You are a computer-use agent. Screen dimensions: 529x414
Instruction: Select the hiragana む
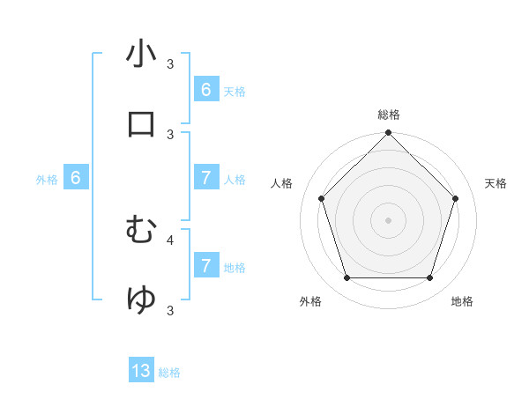(142, 230)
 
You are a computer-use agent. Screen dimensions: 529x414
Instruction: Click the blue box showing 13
(141, 371)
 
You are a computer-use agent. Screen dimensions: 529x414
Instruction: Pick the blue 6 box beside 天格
(206, 90)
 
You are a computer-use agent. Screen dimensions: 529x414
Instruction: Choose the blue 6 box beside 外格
(76, 178)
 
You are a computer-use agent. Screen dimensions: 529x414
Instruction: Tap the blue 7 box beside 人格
(206, 178)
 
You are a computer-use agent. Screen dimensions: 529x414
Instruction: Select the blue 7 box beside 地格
(206, 266)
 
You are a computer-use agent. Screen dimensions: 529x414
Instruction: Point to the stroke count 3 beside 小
(170, 64)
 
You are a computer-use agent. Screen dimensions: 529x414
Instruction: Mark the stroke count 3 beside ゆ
(170, 310)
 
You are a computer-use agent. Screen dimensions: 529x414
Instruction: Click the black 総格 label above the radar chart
(388, 115)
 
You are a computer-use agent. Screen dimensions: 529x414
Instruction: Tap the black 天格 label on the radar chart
(495, 183)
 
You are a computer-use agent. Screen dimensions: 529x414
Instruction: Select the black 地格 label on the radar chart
(462, 301)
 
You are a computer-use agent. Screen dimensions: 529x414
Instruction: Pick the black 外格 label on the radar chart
(310, 301)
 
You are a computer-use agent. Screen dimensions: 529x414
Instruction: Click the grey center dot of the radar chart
(388, 219)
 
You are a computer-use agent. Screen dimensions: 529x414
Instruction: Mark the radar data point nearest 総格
(388, 134)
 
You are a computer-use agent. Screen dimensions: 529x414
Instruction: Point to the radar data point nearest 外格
(346, 278)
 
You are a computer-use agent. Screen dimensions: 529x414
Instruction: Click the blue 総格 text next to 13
(169, 373)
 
